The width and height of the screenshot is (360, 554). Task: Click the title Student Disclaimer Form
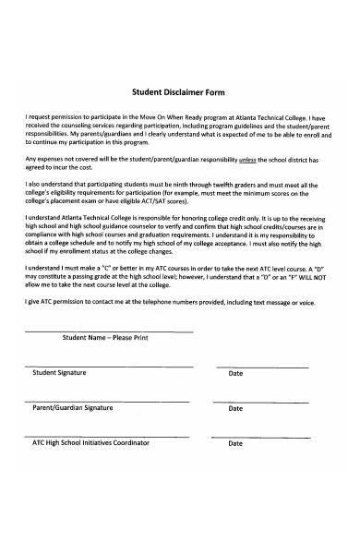tap(180, 93)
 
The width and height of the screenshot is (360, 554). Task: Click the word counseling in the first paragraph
tap(84, 126)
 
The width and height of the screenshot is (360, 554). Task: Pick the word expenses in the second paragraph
tap(53, 159)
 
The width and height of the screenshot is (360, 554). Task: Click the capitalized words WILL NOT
tap(310, 274)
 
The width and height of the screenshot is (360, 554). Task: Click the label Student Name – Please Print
tap(104, 339)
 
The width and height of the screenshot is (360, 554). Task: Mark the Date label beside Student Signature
tap(235, 373)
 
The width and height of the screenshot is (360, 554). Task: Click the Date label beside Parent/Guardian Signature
tap(235, 408)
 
